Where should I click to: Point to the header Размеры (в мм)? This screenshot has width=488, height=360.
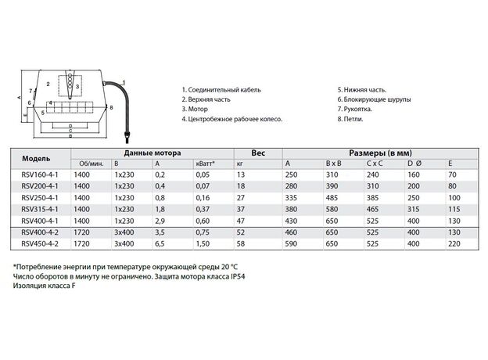point(380,152)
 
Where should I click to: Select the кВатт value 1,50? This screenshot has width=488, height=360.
point(203,243)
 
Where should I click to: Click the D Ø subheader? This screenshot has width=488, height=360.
point(413,163)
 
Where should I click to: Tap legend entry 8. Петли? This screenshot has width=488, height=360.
point(352,120)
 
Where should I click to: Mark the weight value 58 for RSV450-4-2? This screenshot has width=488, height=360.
point(240,243)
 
